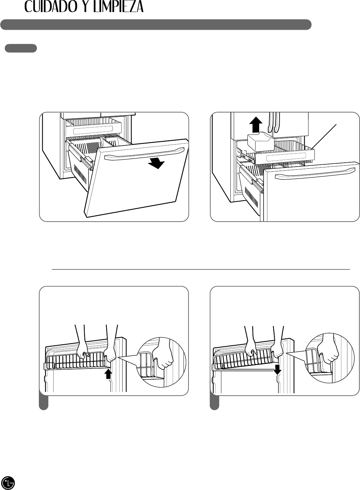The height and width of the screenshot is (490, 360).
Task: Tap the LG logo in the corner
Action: click(x=8, y=482)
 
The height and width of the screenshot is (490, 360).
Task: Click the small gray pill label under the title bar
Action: click(x=21, y=48)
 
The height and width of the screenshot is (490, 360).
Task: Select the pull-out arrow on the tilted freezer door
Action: click(x=157, y=164)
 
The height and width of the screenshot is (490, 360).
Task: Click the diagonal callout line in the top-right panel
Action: click(x=325, y=136)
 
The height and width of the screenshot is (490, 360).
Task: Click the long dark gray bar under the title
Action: click(x=156, y=25)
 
